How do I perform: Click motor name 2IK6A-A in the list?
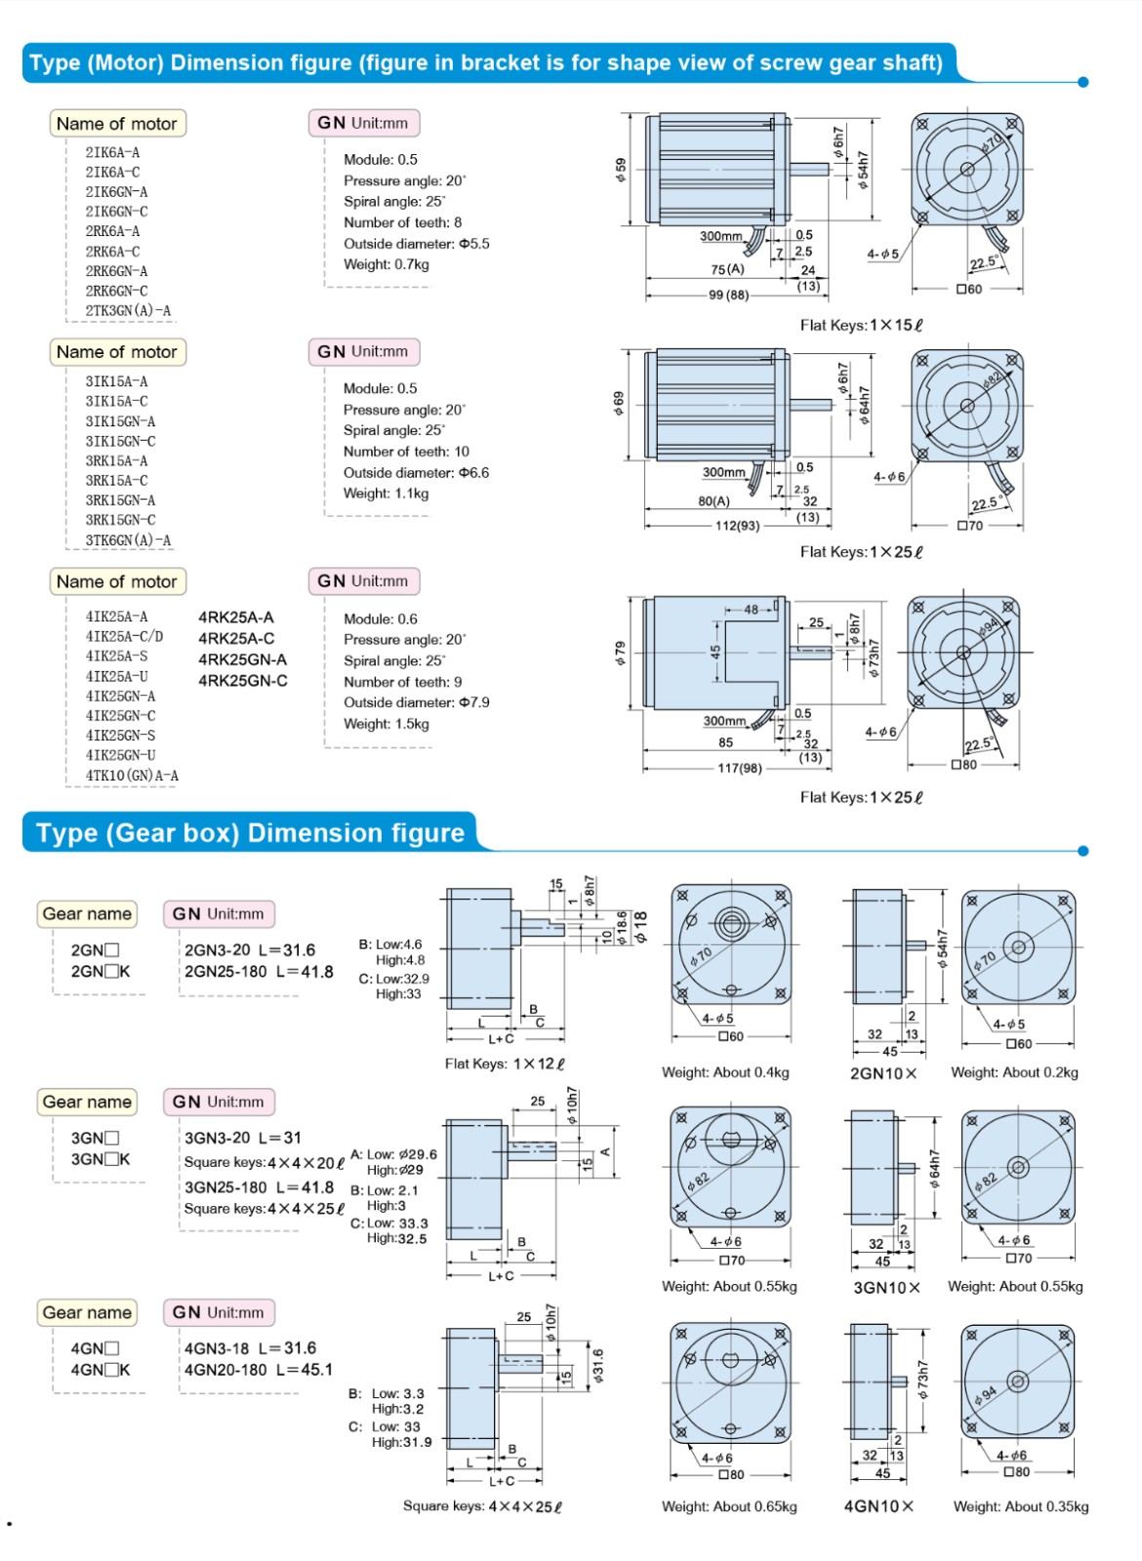point(112,152)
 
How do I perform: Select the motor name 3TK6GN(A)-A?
point(128,540)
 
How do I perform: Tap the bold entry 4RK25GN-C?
point(243,681)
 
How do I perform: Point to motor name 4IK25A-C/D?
point(124,636)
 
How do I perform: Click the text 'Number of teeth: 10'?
point(406,452)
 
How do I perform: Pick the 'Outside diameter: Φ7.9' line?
point(416,702)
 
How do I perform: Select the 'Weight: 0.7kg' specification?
point(386,264)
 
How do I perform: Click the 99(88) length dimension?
point(728,295)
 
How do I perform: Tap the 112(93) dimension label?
point(737,526)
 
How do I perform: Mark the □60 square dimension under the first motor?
point(969,289)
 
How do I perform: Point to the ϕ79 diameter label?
point(619,653)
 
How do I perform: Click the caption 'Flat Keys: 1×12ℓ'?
point(505,1063)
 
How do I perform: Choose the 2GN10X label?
point(883,1073)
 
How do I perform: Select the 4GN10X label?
point(879,1506)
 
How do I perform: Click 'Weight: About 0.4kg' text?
point(725,1072)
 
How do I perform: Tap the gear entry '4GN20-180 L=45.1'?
point(259,1370)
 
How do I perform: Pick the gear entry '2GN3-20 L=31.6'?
point(250,950)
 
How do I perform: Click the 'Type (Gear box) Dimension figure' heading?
point(250,833)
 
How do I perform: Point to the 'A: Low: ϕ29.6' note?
point(393,1154)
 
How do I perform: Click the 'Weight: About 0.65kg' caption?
point(729,1506)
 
